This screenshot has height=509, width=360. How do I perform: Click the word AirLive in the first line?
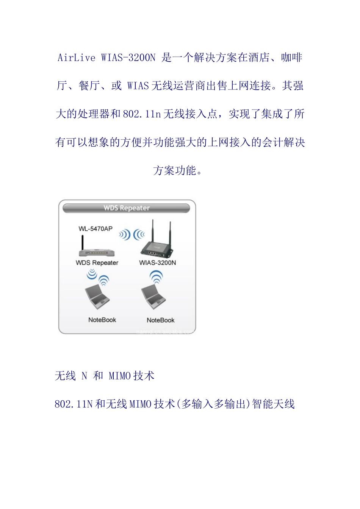pyautogui.click(x=77, y=58)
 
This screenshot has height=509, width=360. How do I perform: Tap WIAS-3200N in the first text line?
pyautogui.click(x=128, y=58)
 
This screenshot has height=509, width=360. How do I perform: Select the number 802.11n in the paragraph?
pyautogui.click(x=142, y=114)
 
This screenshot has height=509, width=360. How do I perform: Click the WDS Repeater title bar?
pyautogui.click(x=126, y=208)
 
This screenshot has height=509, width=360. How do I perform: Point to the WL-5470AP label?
pyautogui.click(x=95, y=229)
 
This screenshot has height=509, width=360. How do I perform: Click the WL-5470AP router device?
pyautogui.click(x=97, y=253)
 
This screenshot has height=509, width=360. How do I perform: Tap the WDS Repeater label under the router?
pyautogui.click(x=97, y=263)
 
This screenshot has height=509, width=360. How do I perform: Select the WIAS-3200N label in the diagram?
pyautogui.click(x=158, y=263)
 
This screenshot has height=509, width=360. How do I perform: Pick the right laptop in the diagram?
pyautogui.click(x=153, y=297)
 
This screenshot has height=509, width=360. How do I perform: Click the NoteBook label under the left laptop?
pyautogui.click(x=102, y=320)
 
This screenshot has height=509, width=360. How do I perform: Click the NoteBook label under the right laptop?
pyautogui.click(x=160, y=320)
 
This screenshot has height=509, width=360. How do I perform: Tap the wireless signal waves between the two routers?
pyautogui.click(x=131, y=235)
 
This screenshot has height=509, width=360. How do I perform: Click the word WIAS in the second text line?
pyautogui.click(x=138, y=86)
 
